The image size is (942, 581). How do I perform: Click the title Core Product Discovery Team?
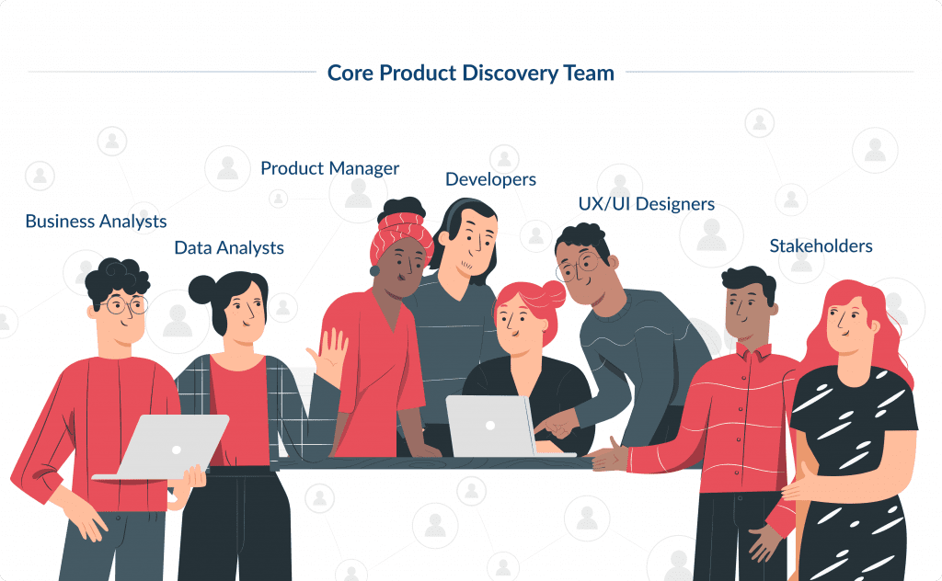click(470, 74)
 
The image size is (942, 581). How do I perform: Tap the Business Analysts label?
click(96, 222)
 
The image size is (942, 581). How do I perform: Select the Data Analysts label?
click(229, 248)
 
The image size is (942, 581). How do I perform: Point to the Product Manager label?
click(329, 169)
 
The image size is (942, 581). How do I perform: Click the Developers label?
click(490, 179)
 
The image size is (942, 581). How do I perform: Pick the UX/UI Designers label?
click(646, 204)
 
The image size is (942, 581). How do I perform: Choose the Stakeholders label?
click(821, 246)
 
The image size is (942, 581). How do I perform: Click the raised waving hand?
click(330, 354)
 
